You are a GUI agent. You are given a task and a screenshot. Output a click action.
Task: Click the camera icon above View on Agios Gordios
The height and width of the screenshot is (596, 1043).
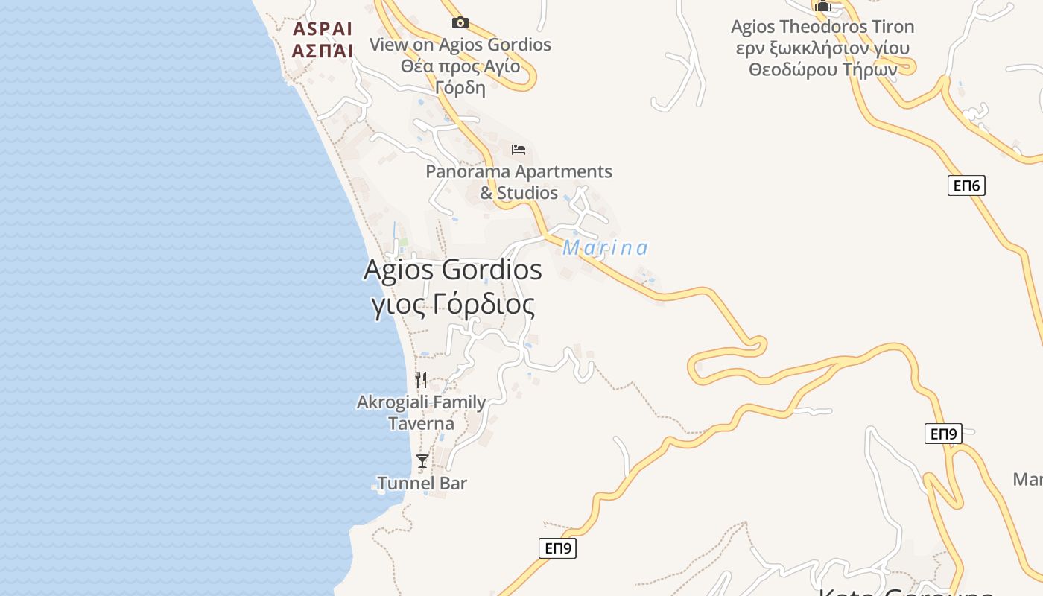tap(460, 23)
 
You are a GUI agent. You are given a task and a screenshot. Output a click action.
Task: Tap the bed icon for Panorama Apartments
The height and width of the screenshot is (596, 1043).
tap(519, 150)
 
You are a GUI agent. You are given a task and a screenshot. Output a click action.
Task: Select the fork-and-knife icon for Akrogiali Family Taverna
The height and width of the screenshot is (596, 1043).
tap(421, 380)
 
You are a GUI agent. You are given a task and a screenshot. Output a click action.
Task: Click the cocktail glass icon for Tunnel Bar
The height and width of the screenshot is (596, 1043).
tap(422, 461)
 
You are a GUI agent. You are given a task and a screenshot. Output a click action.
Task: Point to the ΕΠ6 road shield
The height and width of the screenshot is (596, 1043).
tap(966, 186)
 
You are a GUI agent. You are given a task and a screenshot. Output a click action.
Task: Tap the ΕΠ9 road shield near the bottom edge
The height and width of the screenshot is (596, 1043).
tap(557, 548)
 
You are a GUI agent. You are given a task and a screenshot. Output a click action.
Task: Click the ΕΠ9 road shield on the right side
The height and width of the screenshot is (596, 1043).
tap(943, 433)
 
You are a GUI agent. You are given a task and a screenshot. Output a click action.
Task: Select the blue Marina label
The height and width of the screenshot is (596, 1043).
tap(605, 248)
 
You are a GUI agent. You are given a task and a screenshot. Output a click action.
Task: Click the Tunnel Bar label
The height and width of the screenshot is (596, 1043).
tap(422, 484)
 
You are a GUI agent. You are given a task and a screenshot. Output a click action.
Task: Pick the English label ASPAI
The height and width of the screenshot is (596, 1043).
tap(323, 29)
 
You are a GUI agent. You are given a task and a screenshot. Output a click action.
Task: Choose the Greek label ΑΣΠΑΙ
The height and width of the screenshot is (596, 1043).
tap(323, 51)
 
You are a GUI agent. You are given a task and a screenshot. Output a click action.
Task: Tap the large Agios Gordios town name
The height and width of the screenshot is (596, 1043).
tap(452, 270)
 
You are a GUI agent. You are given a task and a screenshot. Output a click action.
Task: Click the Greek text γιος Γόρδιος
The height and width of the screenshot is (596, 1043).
tap(453, 305)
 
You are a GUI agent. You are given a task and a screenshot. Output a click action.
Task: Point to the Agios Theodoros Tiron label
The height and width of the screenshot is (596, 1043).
tap(822, 27)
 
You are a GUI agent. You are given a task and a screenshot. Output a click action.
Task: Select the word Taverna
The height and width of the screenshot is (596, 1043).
tap(421, 424)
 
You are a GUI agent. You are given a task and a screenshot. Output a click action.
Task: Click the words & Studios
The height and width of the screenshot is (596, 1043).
tap(519, 193)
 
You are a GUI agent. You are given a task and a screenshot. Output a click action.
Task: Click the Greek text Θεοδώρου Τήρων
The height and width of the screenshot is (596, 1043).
tap(822, 69)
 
